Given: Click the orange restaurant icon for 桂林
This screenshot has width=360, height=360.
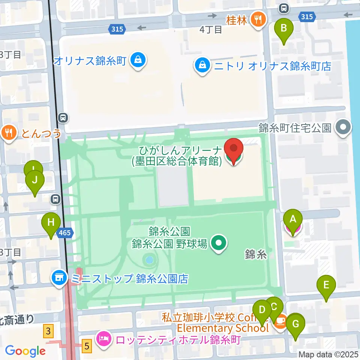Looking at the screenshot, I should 258,19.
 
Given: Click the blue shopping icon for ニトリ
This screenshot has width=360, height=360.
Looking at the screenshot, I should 202,66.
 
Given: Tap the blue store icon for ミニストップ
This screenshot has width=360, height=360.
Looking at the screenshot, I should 59,278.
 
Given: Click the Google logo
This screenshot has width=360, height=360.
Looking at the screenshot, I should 25,351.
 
